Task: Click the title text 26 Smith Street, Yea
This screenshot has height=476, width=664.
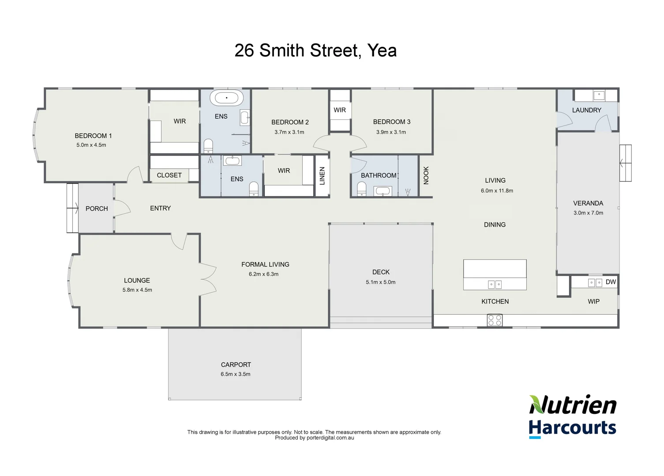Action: [315, 51]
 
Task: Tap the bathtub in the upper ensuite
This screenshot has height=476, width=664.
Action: [227, 98]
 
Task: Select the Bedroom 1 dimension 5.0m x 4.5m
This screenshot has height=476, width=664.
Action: [91, 145]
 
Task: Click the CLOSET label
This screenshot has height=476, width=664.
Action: [169, 175]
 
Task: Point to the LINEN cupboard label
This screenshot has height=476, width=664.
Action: [322, 176]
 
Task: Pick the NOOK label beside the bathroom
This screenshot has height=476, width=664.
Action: [426, 175]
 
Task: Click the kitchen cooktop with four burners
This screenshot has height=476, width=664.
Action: [495, 320]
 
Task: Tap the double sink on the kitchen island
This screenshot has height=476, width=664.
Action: [495, 285]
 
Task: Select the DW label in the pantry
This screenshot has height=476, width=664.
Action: [611, 282]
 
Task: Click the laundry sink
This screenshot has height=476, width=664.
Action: [598, 95]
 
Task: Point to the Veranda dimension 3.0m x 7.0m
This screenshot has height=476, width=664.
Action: [588, 213]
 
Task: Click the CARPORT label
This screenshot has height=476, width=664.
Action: [236, 365]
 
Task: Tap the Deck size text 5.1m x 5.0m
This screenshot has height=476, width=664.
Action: [380, 282]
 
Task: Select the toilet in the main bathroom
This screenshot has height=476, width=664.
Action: [361, 190]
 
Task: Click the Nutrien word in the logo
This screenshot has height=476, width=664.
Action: [573, 405]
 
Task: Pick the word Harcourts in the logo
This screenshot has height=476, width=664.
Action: [572, 428]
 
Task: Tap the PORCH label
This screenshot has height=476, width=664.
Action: [97, 208]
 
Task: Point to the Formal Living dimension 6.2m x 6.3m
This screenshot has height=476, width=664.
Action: [263, 274]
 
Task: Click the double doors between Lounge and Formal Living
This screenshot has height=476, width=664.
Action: [207, 279]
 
